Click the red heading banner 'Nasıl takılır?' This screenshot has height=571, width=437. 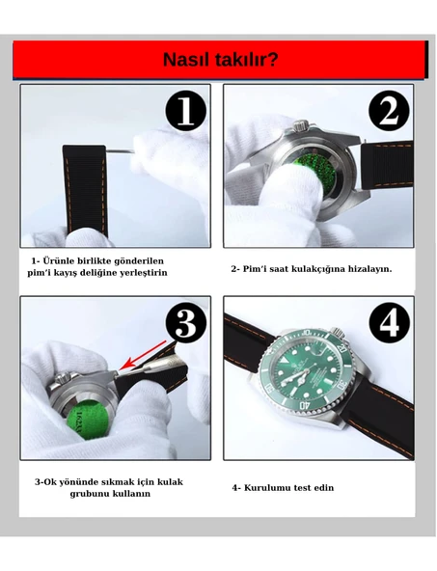220,60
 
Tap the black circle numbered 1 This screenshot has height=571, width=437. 186,111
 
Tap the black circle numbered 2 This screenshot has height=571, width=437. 389,111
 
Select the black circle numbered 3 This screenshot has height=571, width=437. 186,323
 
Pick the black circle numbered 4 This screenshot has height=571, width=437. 390,323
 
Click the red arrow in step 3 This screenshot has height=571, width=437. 143,356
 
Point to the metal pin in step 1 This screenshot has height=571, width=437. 120,150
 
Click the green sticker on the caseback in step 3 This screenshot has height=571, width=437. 88,418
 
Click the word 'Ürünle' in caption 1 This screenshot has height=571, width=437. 57,261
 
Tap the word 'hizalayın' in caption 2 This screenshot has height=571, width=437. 369,269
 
